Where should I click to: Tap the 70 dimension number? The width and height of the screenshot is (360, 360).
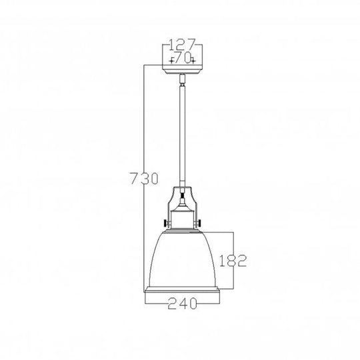[182, 59]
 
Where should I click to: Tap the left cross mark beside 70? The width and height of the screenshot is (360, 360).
[171, 60]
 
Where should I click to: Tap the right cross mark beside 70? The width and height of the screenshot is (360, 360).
[193, 60]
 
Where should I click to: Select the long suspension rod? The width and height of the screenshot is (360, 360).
[182, 133]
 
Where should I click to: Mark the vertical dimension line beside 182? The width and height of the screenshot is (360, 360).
[234, 280]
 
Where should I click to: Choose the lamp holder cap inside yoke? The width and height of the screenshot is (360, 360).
[182, 217]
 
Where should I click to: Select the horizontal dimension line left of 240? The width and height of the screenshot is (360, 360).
[155, 304]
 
